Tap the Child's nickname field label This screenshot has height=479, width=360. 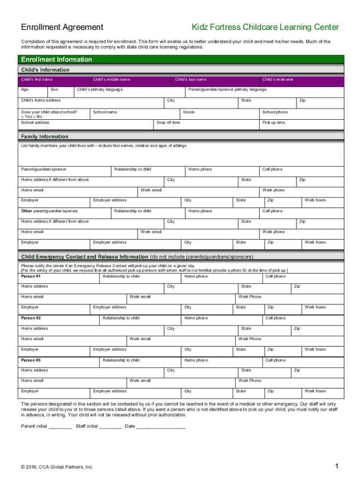pyautogui.click(x=278, y=80)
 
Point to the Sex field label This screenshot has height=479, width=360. pyautogui.click(x=54, y=89)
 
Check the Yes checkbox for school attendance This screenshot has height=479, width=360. pyautogui.click(x=22, y=117)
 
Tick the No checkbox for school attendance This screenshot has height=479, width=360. pyautogui.click(x=36, y=117)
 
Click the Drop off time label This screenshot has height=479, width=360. pyautogui.click(x=168, y=123)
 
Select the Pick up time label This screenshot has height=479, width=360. pyautogui.click(x=274, y=123)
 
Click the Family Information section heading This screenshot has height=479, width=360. pyautogui.click(x=45, y=137)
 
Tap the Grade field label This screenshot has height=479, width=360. pyautogui.click(x=189, y=112)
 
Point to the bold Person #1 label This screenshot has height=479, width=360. pyautogui.click(x=31, y=276)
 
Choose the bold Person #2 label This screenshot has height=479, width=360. pyautogui.click(x=31, y=318)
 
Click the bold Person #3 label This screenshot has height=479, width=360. pyautogui.click(x=31, y=360)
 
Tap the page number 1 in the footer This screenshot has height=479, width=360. pyautogui.click(x=336, y=466)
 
